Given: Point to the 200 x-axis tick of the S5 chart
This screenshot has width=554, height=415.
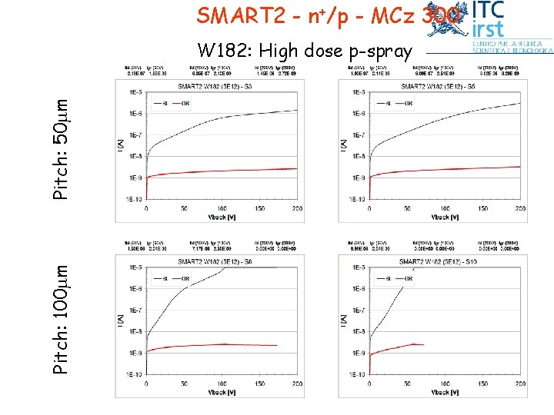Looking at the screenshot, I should (x=520, y=207).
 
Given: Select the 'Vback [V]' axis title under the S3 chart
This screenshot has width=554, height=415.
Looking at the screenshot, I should (x=223, y=217).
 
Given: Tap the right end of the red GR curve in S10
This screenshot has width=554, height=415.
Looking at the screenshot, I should (x=424, y=344).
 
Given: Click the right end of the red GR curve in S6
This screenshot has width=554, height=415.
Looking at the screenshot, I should (x=276, y=346).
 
